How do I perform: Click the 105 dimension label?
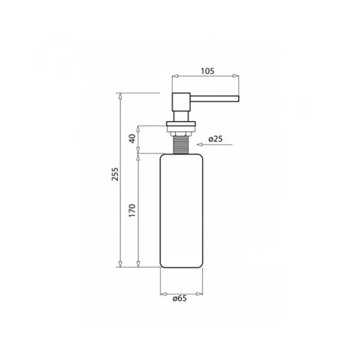pyautogui.click(x=207, y=71)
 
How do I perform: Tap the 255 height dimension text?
pyautogui.click(x=115, y=174)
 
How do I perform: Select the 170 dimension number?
pyautogui.click(x=132, y=210)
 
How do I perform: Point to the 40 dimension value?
pyautogui.click(x=132, y=138)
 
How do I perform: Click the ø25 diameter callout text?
pyautogui.click(x=215, y=139)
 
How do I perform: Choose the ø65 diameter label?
pyautogui.click(x=179, y=298)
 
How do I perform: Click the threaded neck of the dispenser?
pyautogui.click(x=181, y=145)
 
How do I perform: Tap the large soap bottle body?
pyautogui.click(x=181, y=211)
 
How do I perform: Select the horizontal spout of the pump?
pyautogui.click(x=215, y=99)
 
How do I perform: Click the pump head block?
pyautogui.click(x=181, y=102)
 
